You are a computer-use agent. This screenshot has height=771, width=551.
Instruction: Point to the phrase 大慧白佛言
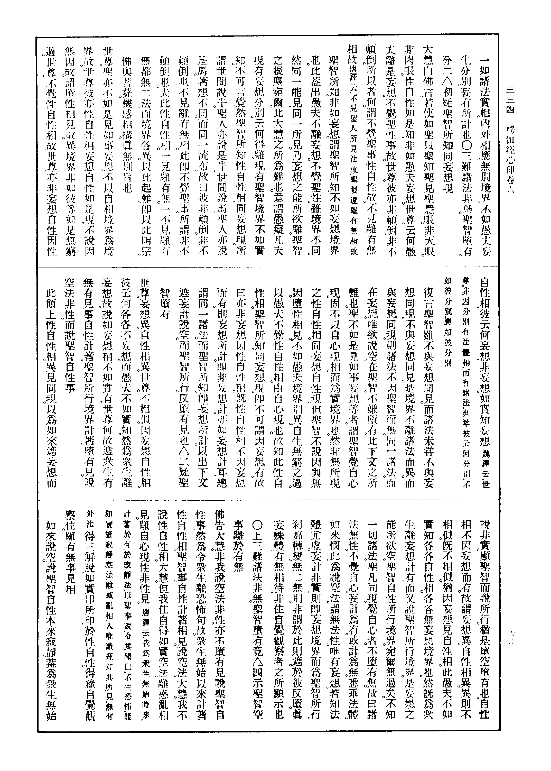pyautogui.click(x=428, y=85)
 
